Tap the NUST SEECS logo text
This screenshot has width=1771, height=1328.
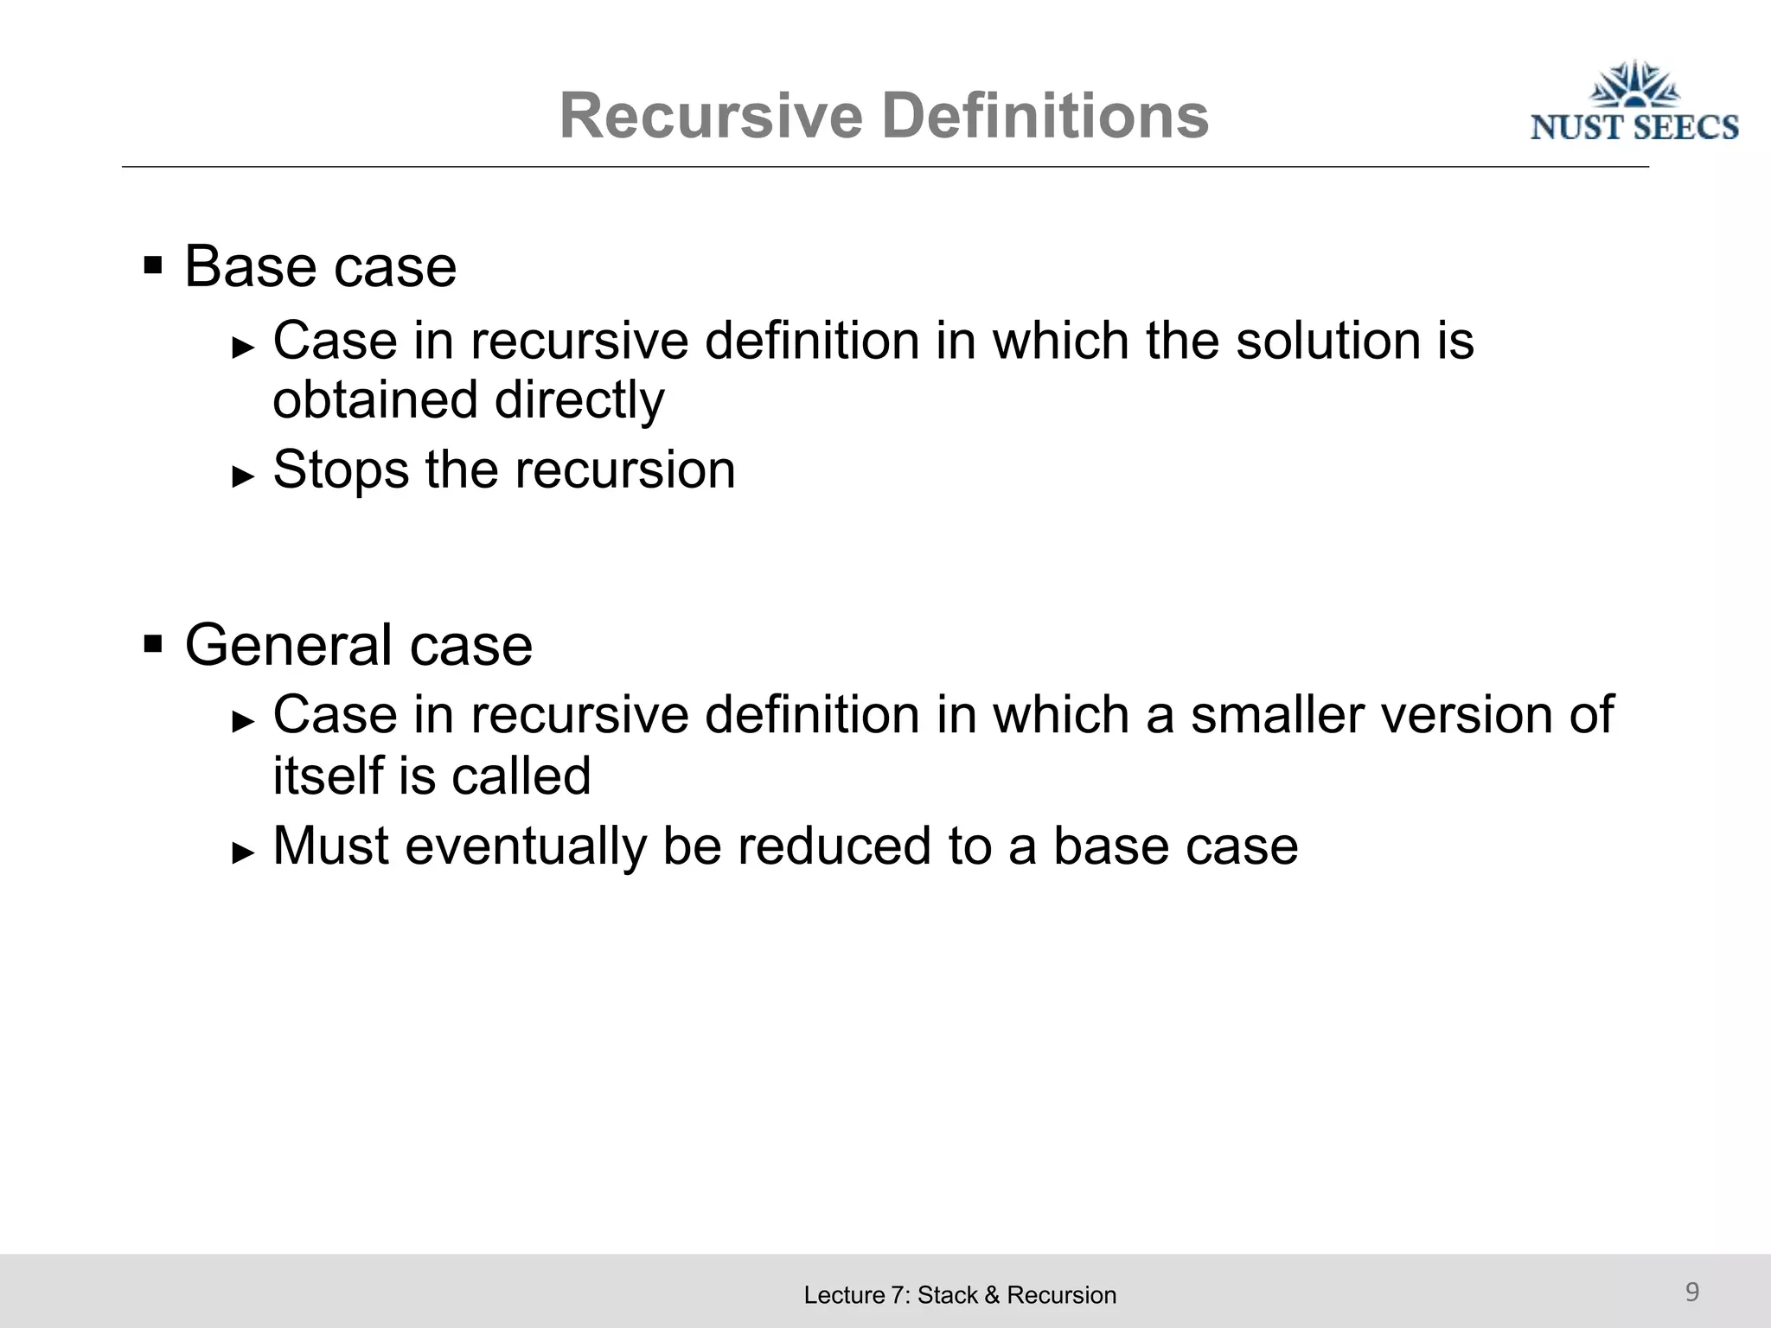tap(1634, 127)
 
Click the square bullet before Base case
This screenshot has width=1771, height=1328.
tap(153, 264)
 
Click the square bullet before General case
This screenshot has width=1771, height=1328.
tap(153, 643)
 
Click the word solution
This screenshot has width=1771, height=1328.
tap(1328, 341)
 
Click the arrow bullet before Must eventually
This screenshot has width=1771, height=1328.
tap(244, 851)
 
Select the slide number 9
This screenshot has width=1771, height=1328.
tap(1692, 1292)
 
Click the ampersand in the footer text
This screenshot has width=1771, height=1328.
tap(992, 1295)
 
